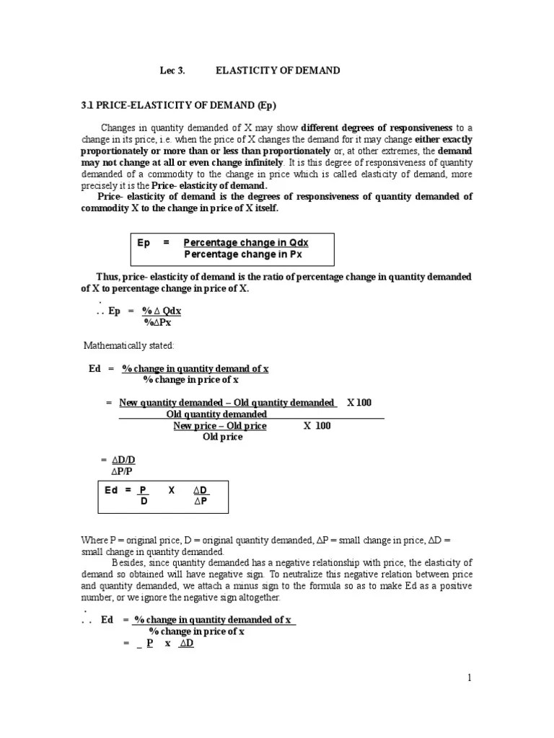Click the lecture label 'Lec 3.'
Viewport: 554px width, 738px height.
(172, 71)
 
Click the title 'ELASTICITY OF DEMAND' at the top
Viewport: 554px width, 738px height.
(278, 71)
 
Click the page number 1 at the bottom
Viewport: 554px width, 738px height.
(469, 677)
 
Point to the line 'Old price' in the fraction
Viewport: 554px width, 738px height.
(222, 437)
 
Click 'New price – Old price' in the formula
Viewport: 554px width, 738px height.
(220, 426)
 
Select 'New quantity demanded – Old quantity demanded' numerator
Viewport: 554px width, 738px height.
(227, 402)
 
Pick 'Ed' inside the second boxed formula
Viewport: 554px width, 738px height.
(111, 490)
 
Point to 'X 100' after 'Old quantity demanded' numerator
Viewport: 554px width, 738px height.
(359, 402)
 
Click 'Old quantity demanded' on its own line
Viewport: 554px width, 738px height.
(216, 414)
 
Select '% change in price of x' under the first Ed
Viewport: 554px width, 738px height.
(190, 379)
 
